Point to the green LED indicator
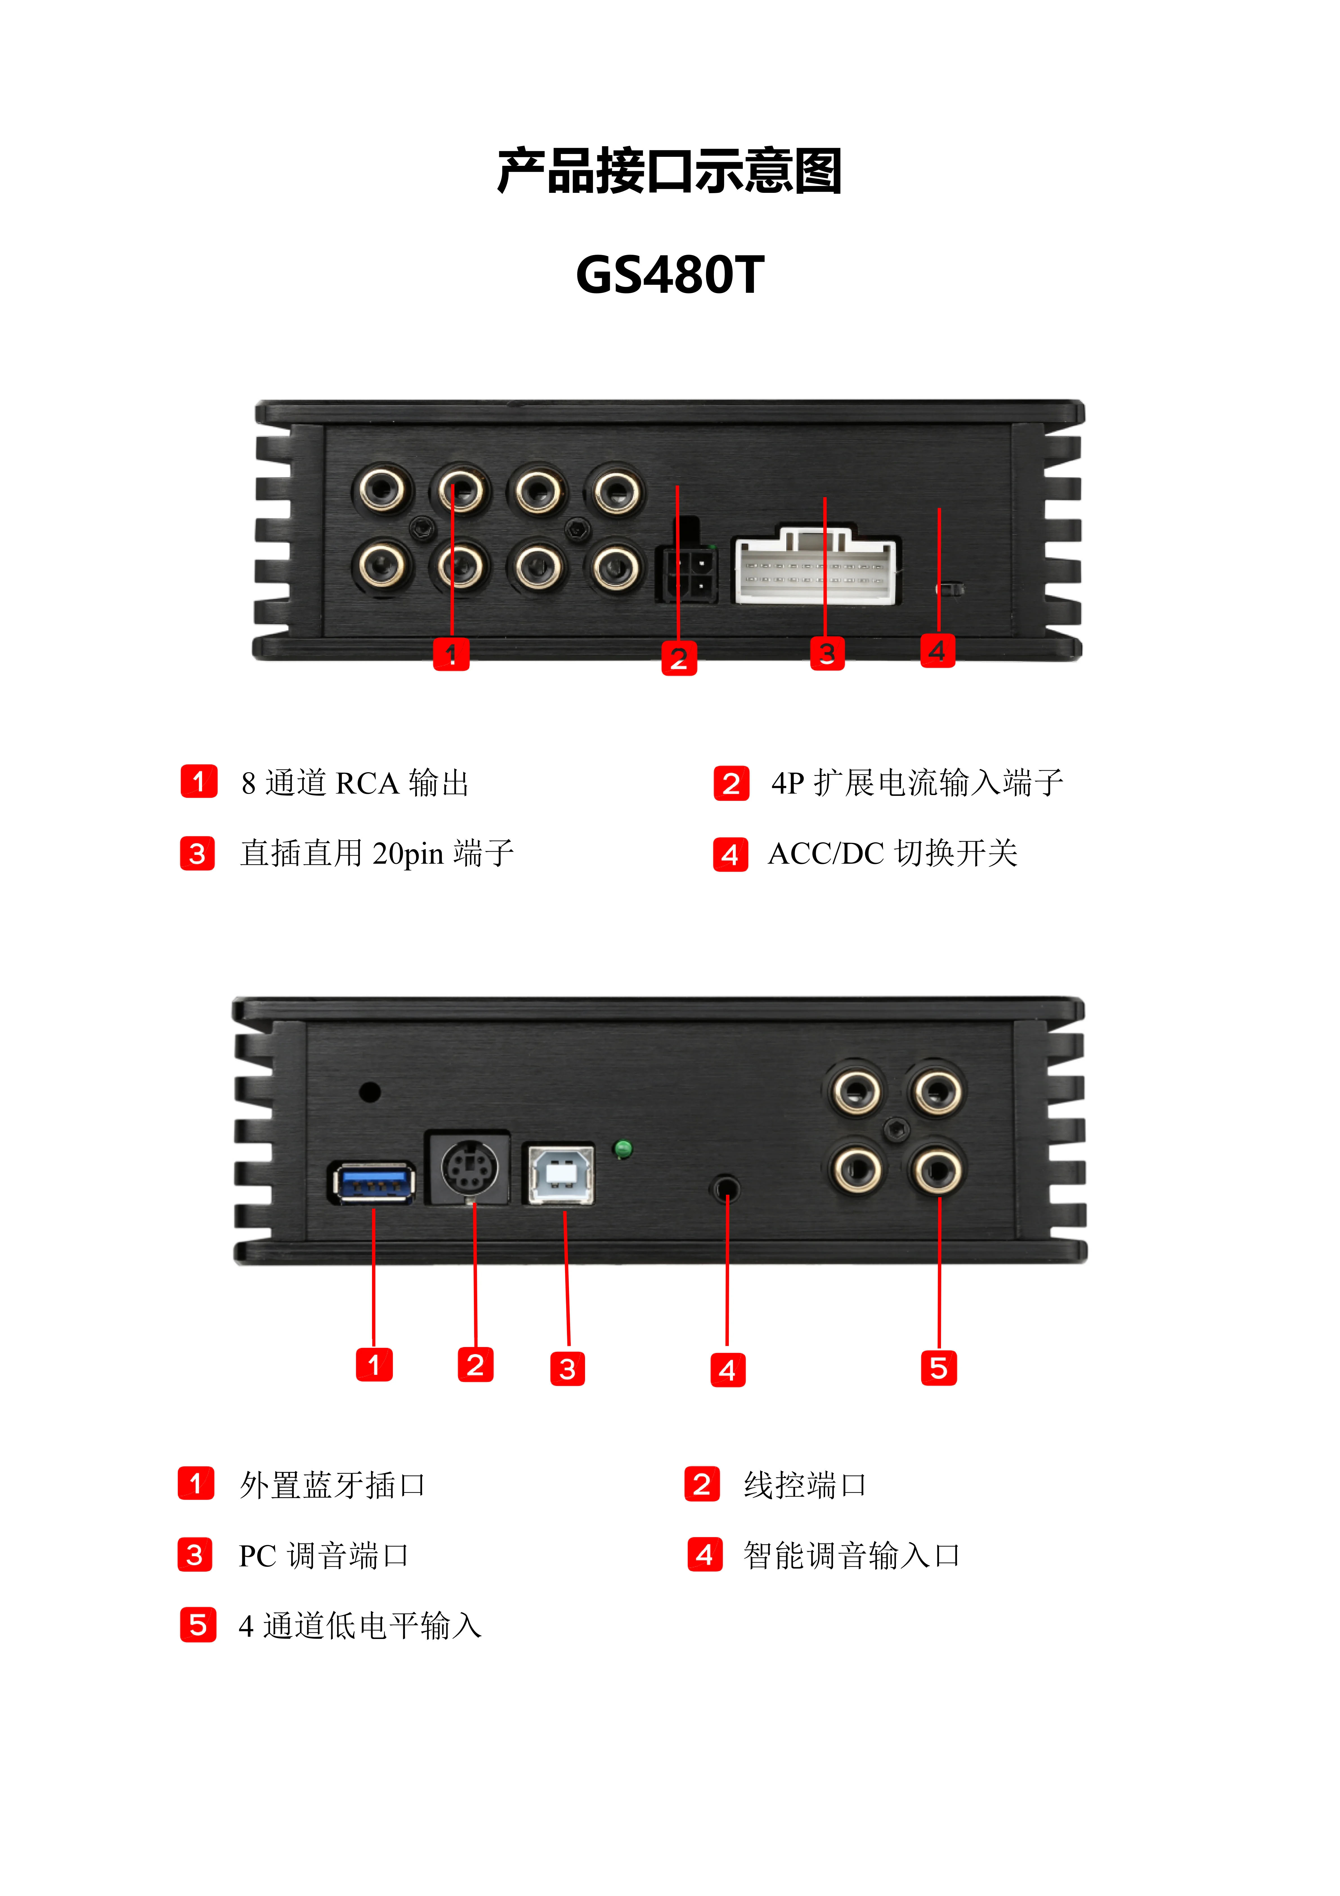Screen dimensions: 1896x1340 [x=623, y=1149]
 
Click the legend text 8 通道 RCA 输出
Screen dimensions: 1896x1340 [x=355, y=783]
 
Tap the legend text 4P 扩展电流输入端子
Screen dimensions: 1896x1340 [x=917, y=783]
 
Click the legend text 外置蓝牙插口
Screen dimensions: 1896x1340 [x=332, y=1485]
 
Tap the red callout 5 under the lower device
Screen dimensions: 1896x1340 [x=939, y=1368]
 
